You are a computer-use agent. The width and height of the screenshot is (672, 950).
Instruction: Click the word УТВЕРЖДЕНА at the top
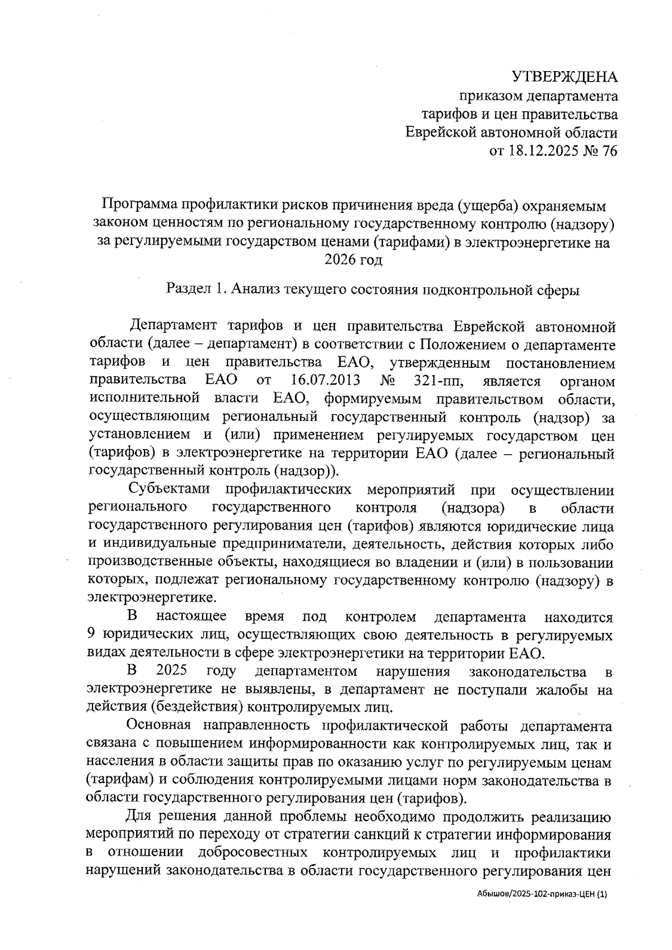pos(566,77)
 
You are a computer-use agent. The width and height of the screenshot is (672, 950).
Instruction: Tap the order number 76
pos(608,151)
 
